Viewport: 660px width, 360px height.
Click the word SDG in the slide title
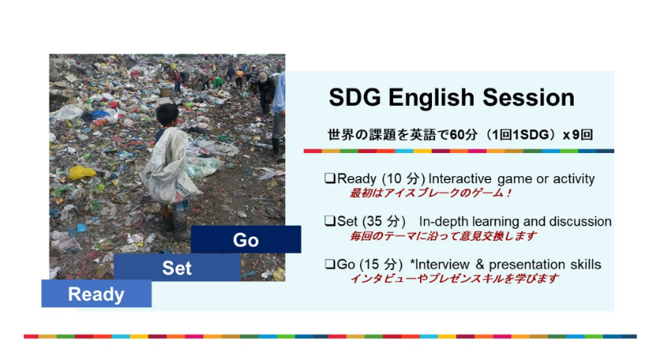click(x=355, y=97)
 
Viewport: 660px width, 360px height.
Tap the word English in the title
click(x=432, y=98)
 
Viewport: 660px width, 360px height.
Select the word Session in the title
click(x=528, y=97)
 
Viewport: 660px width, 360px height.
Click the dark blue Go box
click(x=246, y=239)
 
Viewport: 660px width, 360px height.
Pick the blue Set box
click(x=177, y=267)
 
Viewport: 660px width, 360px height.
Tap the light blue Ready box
click(x=97, y=293)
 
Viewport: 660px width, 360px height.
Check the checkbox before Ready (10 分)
click(x=330, y=178)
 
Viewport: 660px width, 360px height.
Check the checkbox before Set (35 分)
click(x=330, y=221)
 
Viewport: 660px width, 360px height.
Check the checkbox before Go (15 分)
click(x=330, y=264)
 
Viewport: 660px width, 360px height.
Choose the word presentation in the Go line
click(x=527, y=265)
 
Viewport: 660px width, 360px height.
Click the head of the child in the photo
click(x=167, y=115)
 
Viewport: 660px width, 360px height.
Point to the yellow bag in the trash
click(x=82, y=172)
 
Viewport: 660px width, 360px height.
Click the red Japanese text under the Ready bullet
click(x=430, y=193)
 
